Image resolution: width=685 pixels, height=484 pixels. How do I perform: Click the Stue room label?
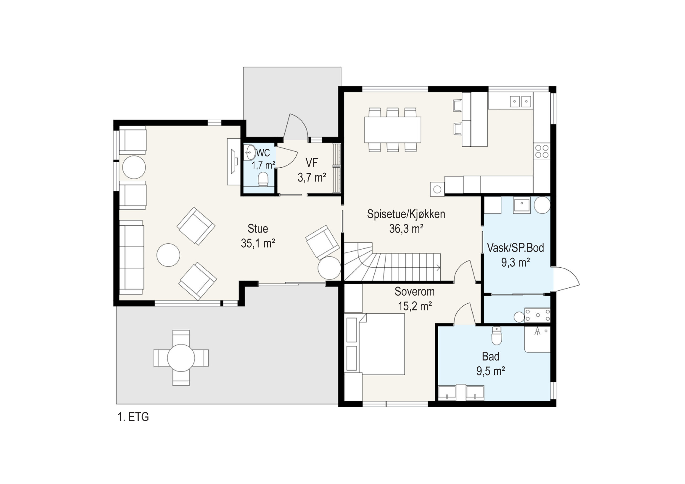[x=258, y=229]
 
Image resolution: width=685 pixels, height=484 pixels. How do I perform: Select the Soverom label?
[x=414, y=291]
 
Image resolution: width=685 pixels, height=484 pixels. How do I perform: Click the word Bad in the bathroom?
[x=490, y=356]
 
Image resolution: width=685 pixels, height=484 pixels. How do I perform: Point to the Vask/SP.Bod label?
[x=515, y=248]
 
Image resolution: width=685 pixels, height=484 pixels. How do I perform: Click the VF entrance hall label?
[x=311, y=163]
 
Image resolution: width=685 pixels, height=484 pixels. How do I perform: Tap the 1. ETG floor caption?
[x=133, y=417]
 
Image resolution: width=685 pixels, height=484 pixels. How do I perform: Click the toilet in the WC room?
[x=263, y=179]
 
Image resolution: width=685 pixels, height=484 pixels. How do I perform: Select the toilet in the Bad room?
[x=496, y=336]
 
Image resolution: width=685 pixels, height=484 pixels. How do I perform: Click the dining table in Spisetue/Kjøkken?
[x=392, y=130]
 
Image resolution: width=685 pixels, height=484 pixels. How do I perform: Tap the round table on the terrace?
[x=181, y=358]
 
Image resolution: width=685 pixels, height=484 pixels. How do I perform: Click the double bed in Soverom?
[x=382, y=344]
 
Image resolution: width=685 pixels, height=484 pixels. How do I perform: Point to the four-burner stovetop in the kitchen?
[x=542, y=151]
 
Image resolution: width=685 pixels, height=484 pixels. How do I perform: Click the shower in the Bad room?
[x=537, y=339]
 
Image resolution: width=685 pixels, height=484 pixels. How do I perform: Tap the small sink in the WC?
[x=250, y=152]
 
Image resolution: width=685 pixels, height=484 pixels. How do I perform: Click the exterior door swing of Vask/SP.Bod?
[x=566, y=279]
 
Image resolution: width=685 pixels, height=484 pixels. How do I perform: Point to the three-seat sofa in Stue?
[x=132, y=257]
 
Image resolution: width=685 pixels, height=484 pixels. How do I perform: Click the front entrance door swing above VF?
[x=295, y=127]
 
